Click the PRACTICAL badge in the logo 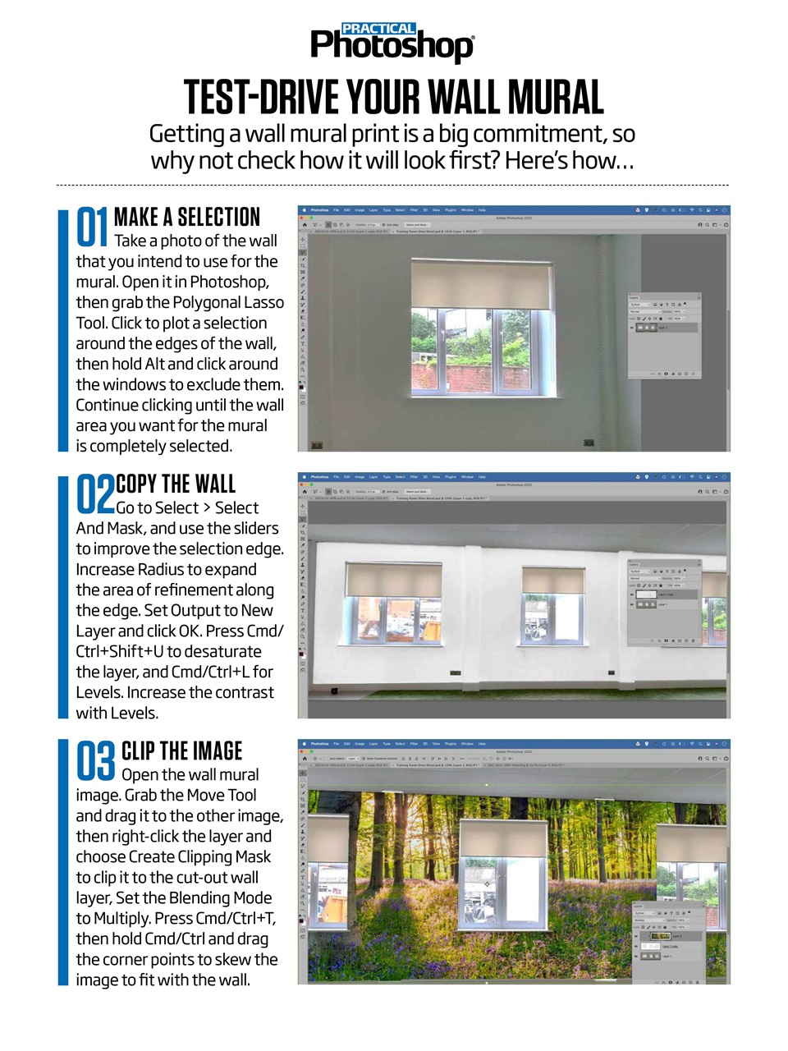pos(378,29)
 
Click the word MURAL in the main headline pos(556,99)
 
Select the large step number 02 pos(95,493)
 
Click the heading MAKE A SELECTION pos(186,217)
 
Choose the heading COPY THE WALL pos(176,484)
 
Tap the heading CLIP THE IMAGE pos(181,751)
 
